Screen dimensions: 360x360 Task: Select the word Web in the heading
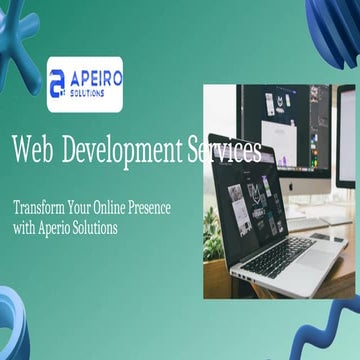pyautogui.click(x=32, y=151)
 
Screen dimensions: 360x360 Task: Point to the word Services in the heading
pyautogui.click(x=224, y=151)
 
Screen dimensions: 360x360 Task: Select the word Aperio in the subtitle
pyautogui.click(x=61, y=228)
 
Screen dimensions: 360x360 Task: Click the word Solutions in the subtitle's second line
pyautogui.click(x=102, y=228)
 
